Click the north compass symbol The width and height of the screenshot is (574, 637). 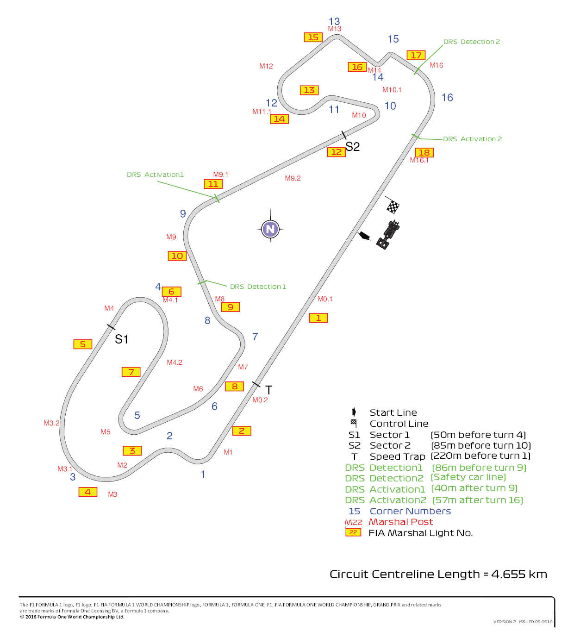coord(270,229)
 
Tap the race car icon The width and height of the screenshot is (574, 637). coord(388,235)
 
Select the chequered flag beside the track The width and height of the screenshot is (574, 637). coord(393,205)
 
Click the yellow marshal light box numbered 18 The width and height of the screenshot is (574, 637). coord(424,152)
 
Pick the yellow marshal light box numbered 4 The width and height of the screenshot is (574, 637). coord(87,492)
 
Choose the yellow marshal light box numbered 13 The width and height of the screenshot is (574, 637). coord(309,90)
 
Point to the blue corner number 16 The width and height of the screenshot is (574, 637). coord(447,98)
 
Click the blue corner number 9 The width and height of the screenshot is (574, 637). coord(183,213)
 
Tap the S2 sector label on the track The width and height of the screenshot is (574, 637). coord(353,146)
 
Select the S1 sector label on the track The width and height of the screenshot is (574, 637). coord(121,339)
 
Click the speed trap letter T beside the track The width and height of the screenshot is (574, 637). coord(269,390)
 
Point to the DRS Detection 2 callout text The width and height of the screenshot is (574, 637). coord(472,42)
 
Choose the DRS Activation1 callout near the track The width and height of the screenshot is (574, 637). coord(156,175)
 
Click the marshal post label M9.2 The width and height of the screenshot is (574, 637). coord(293,178)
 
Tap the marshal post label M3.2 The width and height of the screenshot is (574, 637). coord(51,423)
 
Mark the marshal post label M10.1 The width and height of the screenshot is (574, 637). coord(392,90)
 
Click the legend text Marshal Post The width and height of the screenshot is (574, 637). coord(400,522)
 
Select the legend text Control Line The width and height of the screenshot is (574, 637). coord(399,424)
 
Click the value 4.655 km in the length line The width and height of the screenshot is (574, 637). coord(519,574)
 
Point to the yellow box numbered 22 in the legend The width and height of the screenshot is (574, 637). coord(353,532)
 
